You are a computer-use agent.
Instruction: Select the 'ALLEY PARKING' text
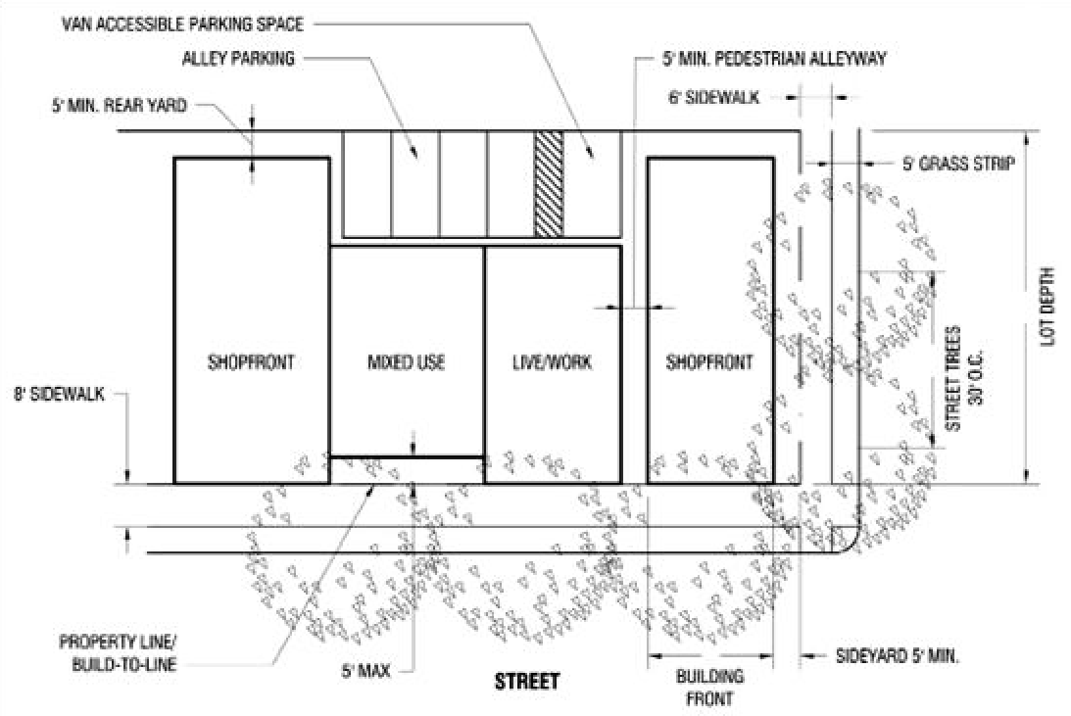[238, 59]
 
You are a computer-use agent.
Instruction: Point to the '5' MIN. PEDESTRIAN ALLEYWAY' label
[774, 59]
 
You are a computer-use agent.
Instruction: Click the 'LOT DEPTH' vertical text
[1048, 305]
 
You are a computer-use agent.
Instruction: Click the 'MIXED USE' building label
[406, 362]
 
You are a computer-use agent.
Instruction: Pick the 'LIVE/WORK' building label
[552, 362]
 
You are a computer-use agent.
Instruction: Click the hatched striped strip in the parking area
[549, 183]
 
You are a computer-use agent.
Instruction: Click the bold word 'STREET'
[526, 681]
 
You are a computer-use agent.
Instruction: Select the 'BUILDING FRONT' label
[710, 687]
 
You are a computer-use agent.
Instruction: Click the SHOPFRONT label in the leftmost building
[251, 362]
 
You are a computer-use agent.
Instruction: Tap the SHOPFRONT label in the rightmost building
[709, 362]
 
